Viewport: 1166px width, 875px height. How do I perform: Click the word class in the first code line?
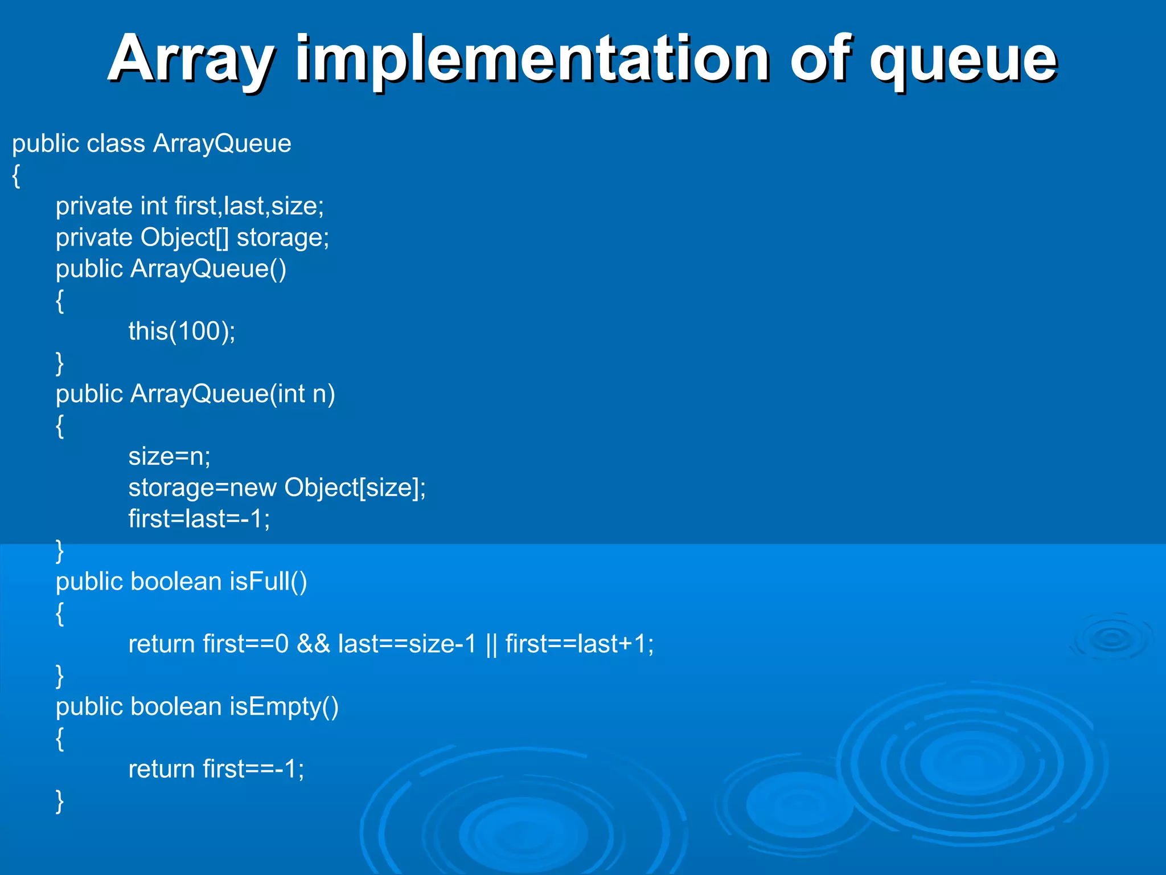(x=116, y=143)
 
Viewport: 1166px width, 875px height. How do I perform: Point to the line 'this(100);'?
(x=182, y=331)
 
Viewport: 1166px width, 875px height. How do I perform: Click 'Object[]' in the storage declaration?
(x=184, y=238)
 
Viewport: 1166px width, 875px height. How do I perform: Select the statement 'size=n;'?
(x=169, y=456)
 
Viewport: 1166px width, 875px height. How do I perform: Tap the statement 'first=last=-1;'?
(x=199, y=519)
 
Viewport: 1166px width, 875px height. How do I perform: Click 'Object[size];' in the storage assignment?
(x=355, y=488)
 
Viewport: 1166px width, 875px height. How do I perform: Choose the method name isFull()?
(x=268, y=582)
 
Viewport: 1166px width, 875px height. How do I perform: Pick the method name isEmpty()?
(x=284, y=707)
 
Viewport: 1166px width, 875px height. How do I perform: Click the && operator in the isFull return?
(x=313, y=644)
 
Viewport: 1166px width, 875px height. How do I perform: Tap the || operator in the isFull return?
(x=491, y=644)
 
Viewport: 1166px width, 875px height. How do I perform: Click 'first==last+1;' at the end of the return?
(x=580, y=644)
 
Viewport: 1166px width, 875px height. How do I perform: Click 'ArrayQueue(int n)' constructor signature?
(x=232, y=394)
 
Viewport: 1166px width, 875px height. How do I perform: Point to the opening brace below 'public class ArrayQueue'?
(x=17, y=175)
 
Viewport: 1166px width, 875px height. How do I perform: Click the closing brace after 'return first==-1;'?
(x=60, y=801)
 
